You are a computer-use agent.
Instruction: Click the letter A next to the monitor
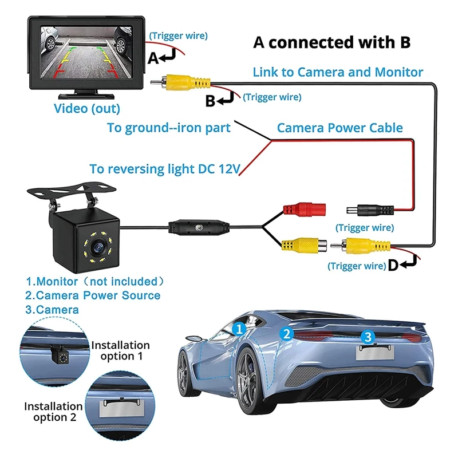(x=153, y=58)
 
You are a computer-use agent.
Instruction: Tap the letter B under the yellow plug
(x=210, y=101)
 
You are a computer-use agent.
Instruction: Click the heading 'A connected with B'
(x=332, y=43)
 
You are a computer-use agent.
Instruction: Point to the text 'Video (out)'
(x=87, y=108)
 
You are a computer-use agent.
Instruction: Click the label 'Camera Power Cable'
(x=340, y=128)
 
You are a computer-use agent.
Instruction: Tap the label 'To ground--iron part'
(x=169, y=128)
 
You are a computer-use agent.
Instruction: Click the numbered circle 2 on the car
(x=286, y=333)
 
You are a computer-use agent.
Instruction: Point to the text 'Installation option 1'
(x=120, y=350)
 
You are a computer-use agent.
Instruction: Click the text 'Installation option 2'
(x=54, y=412)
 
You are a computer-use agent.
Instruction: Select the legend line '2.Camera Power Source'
(x=93, y=295)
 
